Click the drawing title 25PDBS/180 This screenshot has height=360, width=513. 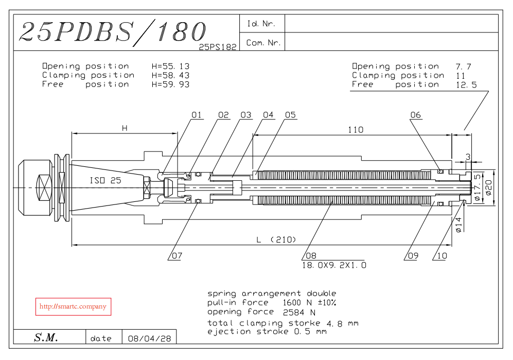pyautogui.click(x=112, y=32)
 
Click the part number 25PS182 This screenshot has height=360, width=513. pyautogui.click(x=218, y=46)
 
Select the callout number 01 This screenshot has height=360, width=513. pyautogui.click(x=197, y=115)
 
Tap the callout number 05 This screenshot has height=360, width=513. pyautogui.click(x=291, y=115)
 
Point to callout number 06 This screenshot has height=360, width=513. pyautogui.click(x=416, y=115)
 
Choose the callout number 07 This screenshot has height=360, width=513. pyautogui.click(x=176, y=255)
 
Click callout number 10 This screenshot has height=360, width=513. pyautogui.click(x=441, y=255)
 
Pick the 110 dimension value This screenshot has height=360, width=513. pyautogui.click(x=355, y=130)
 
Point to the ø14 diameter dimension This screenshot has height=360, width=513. pyautogui.click(x=459, y=226)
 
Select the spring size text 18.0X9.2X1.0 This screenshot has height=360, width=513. pyautogui.click(x=334, y=265)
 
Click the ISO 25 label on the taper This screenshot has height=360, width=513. pyautogui.click(x=105, y=181)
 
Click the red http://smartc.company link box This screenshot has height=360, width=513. pyautogui.click(x=73, y=306)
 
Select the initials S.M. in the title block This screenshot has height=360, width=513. pyautogui.click(x=46, y=338)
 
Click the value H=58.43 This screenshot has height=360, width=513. pyautogui.click(x=170, y=75)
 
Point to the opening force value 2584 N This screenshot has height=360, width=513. pyautogui.click(x=299, y=312)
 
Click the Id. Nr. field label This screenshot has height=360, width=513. pyautogui.click(x=261, y=24)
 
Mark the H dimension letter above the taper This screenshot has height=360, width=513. pyautogui.click(x=124, y=128)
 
